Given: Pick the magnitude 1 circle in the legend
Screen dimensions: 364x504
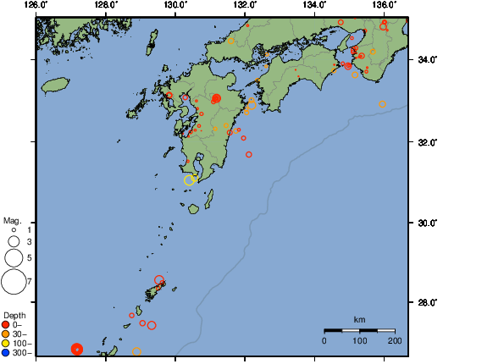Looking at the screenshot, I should tap(14, 229).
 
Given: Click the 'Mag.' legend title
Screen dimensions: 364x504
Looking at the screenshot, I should tap(12, 220).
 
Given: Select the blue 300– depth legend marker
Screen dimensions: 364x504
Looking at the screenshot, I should tap(6, 352).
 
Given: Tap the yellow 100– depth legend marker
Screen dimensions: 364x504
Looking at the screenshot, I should tap(6, 343).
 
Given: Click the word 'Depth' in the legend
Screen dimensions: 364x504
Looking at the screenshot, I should tap(14, 315).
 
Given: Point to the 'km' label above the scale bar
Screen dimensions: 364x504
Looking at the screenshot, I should tap(359, 319).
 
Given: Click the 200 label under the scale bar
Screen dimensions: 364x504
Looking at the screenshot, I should tap(395, 340).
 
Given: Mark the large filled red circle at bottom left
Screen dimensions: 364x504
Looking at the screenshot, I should tap(77, 349).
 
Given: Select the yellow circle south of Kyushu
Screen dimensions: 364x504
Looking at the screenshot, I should tap(190, 179).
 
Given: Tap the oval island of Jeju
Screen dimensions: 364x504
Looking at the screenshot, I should tap(55, 85).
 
